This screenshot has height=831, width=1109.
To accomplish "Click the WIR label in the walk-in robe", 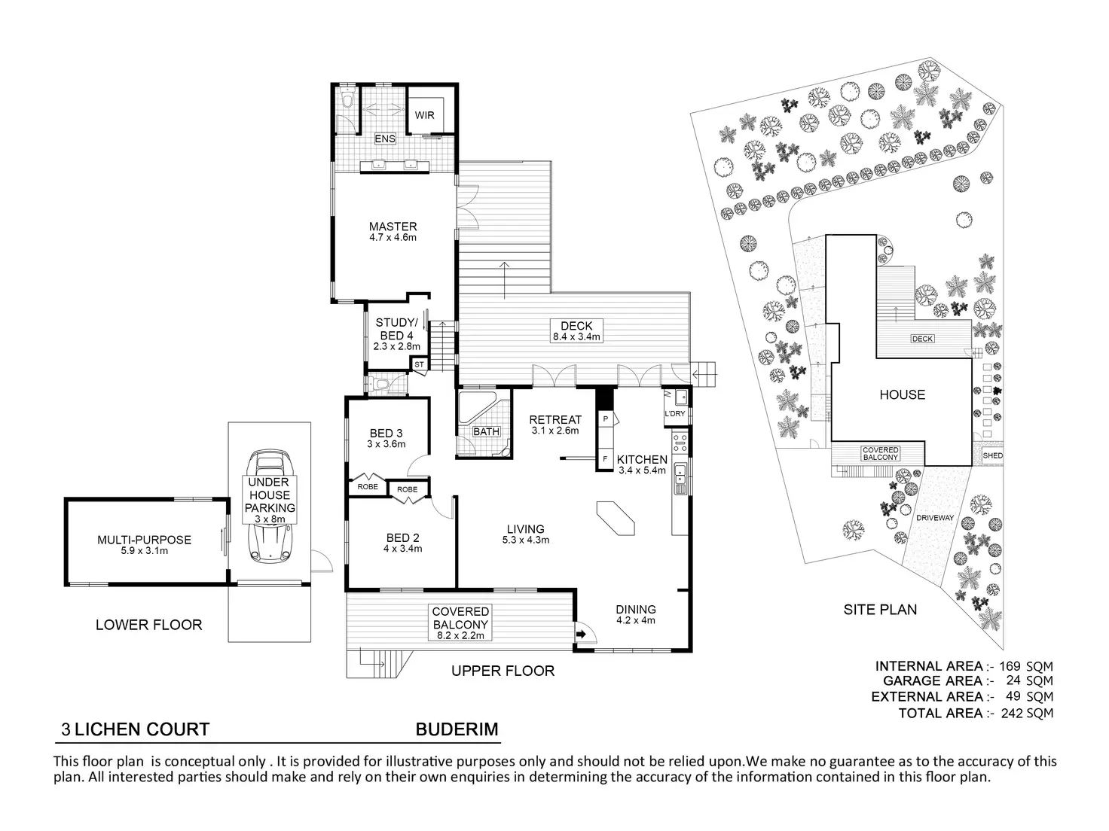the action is [424, 116].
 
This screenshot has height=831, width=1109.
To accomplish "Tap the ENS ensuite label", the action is [385, 139].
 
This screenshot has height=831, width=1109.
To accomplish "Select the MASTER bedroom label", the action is [393, 227].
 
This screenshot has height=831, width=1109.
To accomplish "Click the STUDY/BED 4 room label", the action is [395, 329].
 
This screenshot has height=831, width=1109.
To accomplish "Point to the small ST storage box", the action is [420, 365].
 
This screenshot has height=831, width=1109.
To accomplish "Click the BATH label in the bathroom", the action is [486, 432].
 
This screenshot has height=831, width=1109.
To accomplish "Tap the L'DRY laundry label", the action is [674, 414].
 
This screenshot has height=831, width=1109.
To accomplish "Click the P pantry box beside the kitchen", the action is [605, 418].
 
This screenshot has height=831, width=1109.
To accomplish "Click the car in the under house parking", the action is [270, 504].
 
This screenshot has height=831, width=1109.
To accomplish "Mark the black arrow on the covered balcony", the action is [581, 635].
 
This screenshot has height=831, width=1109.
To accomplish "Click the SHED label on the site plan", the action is [992, 456].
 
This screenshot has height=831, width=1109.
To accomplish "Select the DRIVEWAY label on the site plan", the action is [935, 518].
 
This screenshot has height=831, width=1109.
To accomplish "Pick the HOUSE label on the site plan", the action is [902, 394].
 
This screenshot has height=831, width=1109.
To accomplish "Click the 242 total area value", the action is [1013, 713].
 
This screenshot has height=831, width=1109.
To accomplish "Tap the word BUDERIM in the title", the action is [457, 729].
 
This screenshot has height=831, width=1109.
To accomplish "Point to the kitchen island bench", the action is [615, 519].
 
